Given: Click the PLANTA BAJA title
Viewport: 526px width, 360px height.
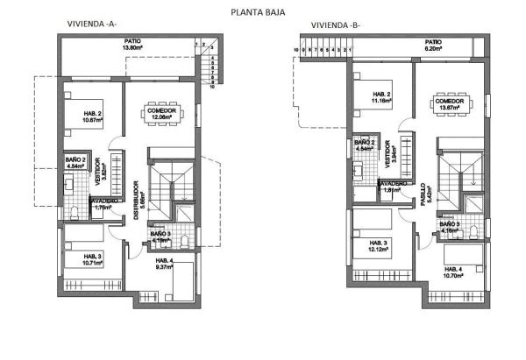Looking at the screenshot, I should (256, 12).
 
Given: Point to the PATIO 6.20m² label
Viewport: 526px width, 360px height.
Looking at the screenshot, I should (432, 45).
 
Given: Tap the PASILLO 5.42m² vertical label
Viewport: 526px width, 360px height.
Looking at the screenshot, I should (424, 194).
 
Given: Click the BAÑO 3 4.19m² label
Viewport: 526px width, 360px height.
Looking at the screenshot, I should (159, 236).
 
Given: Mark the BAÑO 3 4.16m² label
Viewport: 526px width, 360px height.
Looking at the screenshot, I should (450, 228).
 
